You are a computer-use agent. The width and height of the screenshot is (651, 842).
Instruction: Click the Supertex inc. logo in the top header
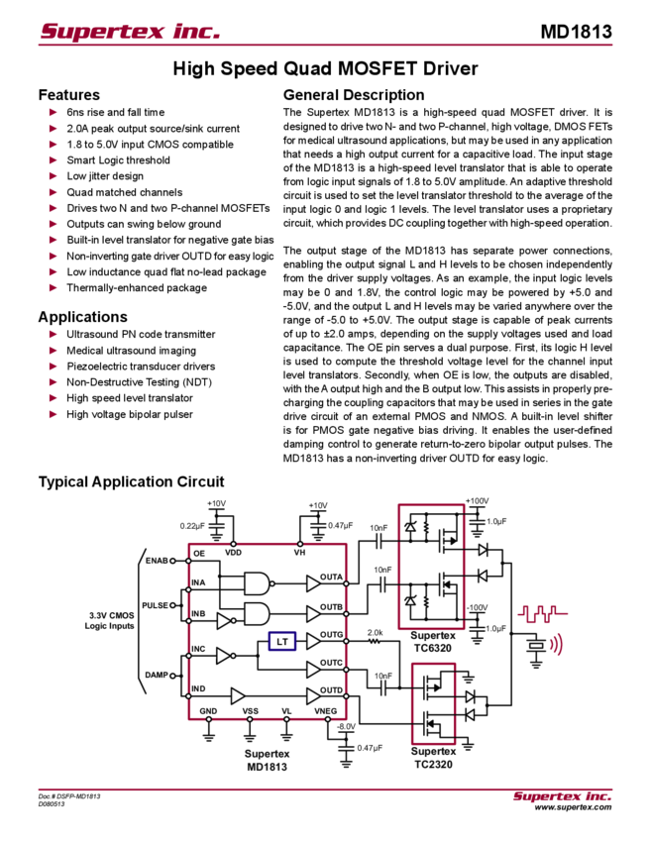(x=129, y=31)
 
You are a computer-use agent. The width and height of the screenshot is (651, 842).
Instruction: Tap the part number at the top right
(x=577, y=31)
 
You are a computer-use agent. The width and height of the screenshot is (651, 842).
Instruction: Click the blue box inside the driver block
(x=282, y=642)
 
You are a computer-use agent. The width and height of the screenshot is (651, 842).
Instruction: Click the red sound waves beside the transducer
(x=556, y=646)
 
